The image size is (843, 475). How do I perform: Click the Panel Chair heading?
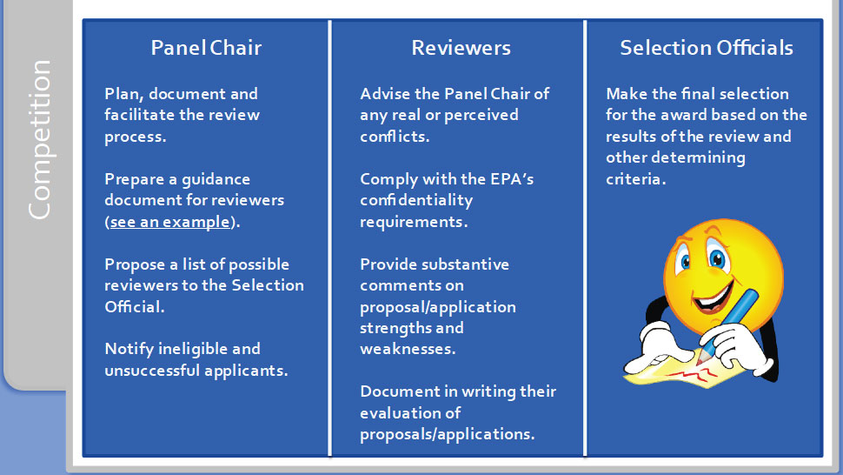206,48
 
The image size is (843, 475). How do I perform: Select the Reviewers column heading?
461,48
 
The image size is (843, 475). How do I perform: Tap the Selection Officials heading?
707,48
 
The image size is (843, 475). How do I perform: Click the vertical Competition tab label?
40,139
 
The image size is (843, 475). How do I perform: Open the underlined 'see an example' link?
169,222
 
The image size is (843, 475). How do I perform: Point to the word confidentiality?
416,200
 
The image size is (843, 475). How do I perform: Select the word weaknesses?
408,349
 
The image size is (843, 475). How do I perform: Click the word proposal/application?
438,307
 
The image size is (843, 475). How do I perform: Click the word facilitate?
140,115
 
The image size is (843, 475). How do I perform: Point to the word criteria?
636,179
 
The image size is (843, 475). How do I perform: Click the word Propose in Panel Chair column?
135,264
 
